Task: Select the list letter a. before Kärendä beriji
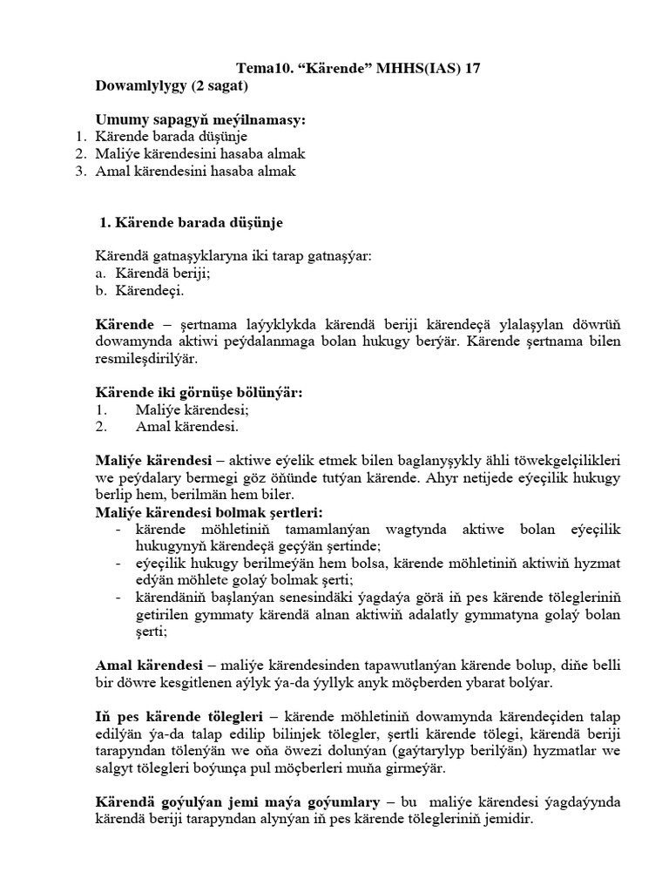pyautogui.click(x=100, y=274)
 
